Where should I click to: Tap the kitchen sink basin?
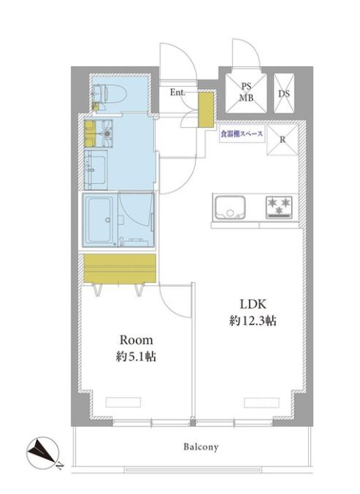[x=229, y=208]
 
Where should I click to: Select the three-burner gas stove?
[x=279, y=207]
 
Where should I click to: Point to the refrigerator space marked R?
[x=283, y=139]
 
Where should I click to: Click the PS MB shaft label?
[x=246, y=92]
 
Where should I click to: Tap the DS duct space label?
[x=284, y=93]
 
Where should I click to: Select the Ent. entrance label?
[x=177, y=93]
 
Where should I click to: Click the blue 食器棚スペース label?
[x=242, y=134]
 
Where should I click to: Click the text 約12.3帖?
[x=253, y=321]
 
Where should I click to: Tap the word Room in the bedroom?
[x=136, y=340]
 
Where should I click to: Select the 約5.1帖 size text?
[x=136, y=357]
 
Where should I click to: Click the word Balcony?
[x=201, y=447]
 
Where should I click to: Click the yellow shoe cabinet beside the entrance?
[x=206, y=109]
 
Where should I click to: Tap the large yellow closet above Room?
[x=120, y=269]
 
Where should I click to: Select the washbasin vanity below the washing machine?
[x=96, y=170]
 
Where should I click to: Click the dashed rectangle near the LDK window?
[x=261, y=402]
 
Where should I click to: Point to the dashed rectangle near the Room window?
[x=123, y=402]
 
